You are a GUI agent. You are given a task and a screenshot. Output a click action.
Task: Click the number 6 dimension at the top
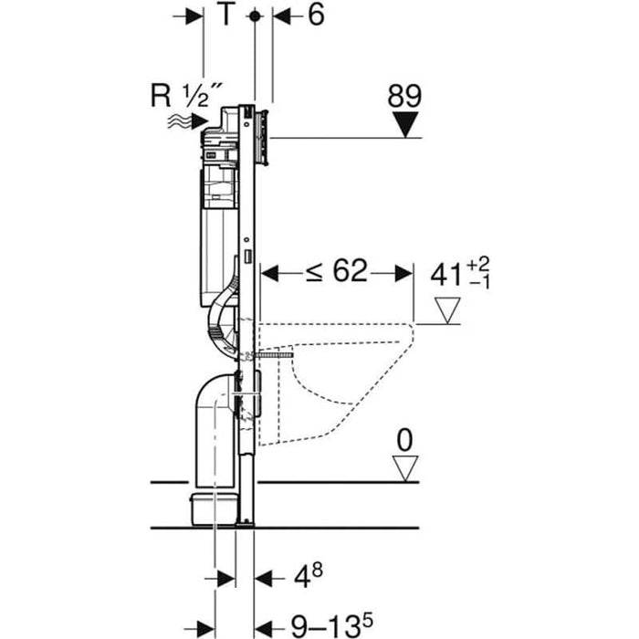314,16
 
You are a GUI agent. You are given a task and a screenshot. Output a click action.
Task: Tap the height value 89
404,95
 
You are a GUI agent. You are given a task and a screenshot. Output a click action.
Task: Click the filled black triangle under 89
404,124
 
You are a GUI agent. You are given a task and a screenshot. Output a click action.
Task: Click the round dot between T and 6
256,16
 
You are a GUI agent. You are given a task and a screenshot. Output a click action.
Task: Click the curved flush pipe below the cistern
222,319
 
